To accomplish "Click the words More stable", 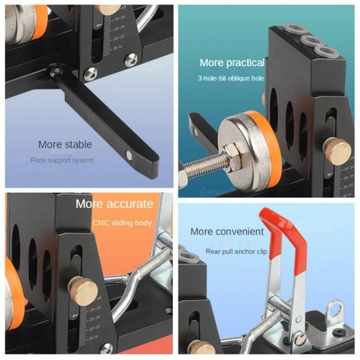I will [66, 144].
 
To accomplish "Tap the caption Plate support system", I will [62, 160].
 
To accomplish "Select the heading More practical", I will [231, 63].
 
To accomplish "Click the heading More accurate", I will [114, 204].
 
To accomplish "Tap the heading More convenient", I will [227, 232].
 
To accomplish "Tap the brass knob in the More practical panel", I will [336, 150].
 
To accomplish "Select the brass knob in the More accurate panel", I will [83, 289].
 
